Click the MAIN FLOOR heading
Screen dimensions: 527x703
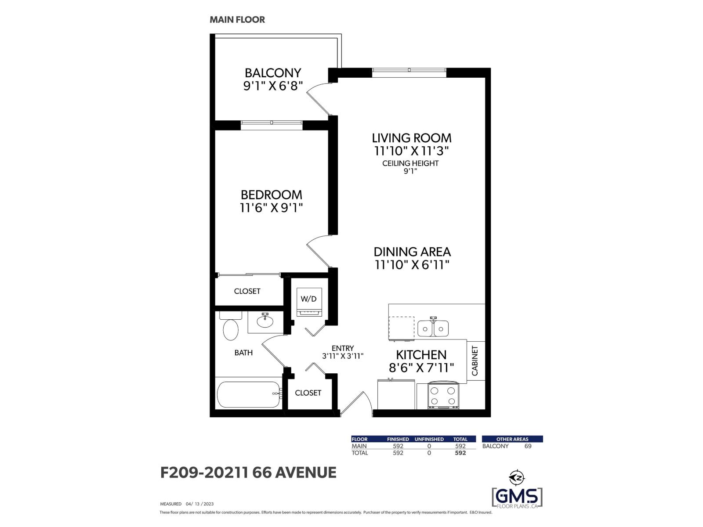[x=237, y=20]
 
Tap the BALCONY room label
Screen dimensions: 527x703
[x=273, y=72]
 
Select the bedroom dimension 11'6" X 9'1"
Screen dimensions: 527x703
[x=272, y=208]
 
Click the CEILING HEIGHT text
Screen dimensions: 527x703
[x=410, y=163]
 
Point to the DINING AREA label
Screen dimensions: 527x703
[x=412, y=252]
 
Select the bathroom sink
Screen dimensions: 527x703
[x=265, y=321]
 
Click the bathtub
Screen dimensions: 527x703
[x=249, y=394]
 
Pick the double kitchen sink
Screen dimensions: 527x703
[x=433, y=328]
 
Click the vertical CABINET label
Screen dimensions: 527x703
[x=475, y=361]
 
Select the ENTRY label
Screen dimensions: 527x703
[x=343, y=348]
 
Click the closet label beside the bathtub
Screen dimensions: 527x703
[x=308, y=393]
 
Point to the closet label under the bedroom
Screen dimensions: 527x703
[x=247, y=291]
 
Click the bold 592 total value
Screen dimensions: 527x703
[x=460, y=453]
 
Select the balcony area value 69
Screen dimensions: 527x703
[x=528, y=446]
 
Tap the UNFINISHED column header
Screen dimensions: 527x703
[x=429, y=439]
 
